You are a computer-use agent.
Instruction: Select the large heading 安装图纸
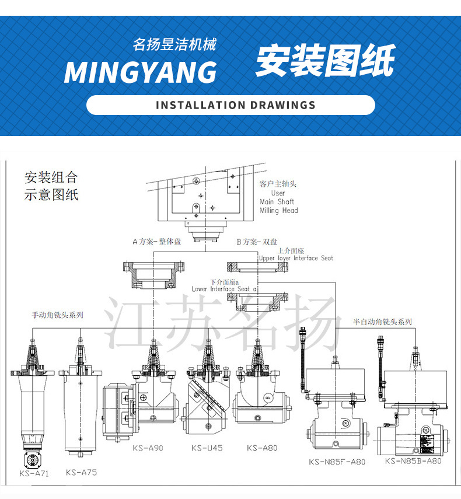[325, 61]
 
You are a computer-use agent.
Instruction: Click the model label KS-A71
[34, 473]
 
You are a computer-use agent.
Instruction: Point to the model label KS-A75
[81, 472]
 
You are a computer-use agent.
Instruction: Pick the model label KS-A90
[148, 448]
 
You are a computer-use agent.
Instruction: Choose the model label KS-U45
[207, 448]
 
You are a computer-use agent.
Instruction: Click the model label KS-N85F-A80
[337, 462]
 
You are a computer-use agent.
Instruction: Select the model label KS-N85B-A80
[413, 460]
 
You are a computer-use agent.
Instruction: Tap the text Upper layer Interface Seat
[296, 258]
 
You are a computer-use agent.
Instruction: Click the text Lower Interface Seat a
[225, 289]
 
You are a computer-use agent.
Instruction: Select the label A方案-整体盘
[156, 242]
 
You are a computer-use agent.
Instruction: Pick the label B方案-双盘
[257, 242]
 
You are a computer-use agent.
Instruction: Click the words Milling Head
[279, 210]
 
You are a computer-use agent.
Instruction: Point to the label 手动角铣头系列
[57, 315]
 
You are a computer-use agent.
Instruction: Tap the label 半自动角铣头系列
[382, 322]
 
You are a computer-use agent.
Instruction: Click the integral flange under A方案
[153, 274]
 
